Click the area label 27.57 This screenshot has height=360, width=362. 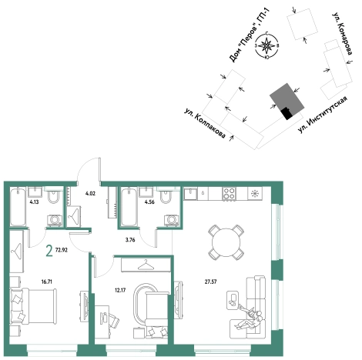[x=210, y=282]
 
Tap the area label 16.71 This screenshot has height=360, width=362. [x=47, y=282]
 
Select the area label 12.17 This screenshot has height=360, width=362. [x=120, y=290]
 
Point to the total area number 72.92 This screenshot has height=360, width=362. [x=62, y=250]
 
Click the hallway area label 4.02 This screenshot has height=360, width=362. [x=90, y=193]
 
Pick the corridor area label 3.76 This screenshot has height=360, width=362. [x=130, y=240]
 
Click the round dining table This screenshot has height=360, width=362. [x=226, y=242]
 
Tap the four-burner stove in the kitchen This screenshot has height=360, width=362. [x=229, y=194]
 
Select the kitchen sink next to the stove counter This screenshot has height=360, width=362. [x=190, y=194]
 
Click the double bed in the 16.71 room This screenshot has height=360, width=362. [x=33, y=306]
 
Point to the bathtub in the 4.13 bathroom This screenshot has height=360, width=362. [x=18, y=207]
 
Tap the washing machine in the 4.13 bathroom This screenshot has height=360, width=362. [x=54, y=221]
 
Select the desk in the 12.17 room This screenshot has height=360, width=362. [x=102, y=321]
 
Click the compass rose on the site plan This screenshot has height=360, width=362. [x=267, y=46]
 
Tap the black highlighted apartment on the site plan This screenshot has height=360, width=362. [x=287, y=114]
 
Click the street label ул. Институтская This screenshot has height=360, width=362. [x=323, y=115]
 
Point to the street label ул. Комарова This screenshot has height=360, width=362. [x=342, y=33]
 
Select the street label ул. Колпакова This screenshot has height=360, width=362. [x=205, y=123]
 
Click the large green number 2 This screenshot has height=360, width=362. [x=49, y=251]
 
